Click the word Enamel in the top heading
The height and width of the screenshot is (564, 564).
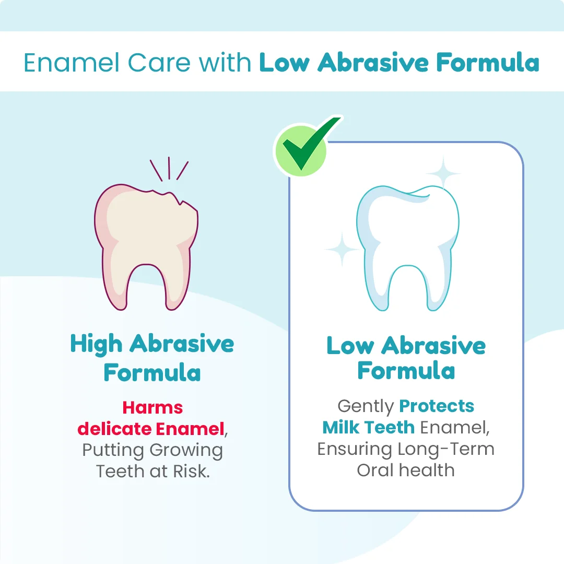[71, 63]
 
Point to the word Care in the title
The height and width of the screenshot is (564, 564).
[159, 63]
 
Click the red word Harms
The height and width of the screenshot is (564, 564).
[152, 407]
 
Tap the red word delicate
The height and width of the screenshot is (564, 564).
[114, 429]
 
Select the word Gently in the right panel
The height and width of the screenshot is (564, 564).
[366, 407]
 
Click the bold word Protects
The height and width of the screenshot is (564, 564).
[437, 406]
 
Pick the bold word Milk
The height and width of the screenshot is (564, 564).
[340, 427]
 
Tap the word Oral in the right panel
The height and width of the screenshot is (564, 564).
[375, 470]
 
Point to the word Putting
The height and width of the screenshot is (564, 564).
[113, 451]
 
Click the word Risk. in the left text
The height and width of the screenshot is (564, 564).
[191, 471]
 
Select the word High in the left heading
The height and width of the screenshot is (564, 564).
[97, 344]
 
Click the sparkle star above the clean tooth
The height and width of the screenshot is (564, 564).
[443, 174]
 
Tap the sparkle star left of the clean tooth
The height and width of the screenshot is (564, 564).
[342, 249]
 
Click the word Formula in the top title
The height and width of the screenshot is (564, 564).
[488, 63]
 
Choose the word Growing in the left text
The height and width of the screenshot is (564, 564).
[186, 451]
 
